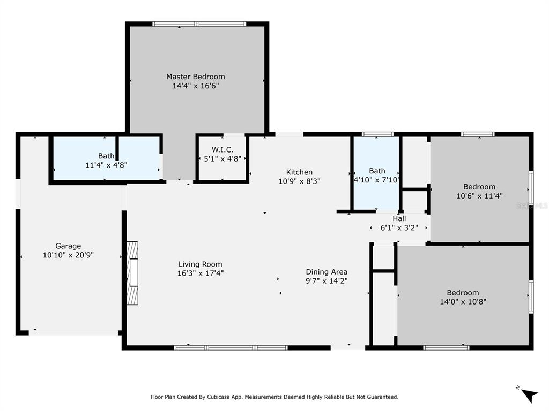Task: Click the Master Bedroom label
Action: point(195,77)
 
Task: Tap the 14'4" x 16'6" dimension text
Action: point(195,86)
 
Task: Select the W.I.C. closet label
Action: point(222,150)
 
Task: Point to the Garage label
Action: point(68,246)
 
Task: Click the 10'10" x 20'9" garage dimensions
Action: point(68,255)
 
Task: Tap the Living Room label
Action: point(200,264)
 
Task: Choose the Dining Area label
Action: point(327,272)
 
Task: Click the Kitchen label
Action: point(299,172)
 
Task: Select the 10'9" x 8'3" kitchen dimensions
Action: point(299,181)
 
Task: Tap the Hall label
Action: point(399,218)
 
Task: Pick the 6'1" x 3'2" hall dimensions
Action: point(399,227)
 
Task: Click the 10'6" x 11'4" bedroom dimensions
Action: point(479,196)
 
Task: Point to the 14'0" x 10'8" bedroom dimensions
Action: point(463,302)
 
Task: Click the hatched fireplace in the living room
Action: point(132,273)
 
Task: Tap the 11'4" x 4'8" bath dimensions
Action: point(106,165)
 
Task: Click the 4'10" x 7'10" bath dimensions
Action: point(376,180)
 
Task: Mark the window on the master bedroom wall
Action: point(199,24)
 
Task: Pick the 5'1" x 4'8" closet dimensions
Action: point(222,158)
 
